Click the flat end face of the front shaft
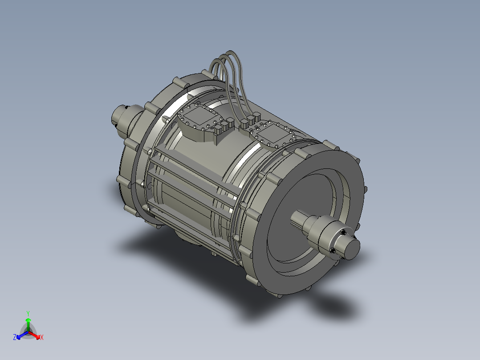point(352,248)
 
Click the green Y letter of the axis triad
point(28,313)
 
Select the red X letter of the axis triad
point(42,338)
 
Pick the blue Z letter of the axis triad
point(15,338)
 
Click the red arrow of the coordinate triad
point(36,335)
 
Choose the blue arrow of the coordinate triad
point(20,335)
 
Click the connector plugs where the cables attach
point(250,120)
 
